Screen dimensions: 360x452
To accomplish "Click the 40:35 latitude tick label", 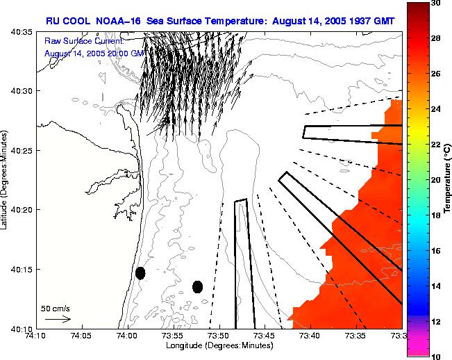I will [23, 32].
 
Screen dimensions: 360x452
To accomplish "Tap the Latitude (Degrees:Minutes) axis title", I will [6, 179].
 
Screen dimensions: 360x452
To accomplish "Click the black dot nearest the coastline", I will [140, 273].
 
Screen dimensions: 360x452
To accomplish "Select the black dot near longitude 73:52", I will [197, 286].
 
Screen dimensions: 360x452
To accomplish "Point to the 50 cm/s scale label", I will [55, 308].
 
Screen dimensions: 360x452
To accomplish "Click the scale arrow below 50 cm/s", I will [57, 319].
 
